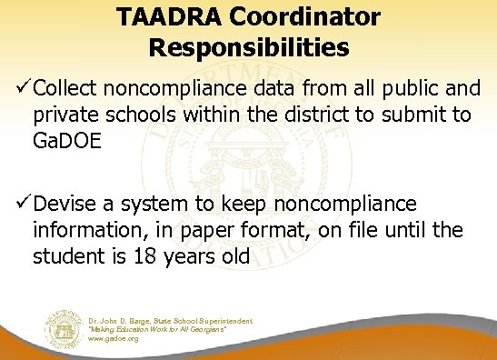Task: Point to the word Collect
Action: pos(64,91)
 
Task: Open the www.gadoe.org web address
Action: pos(114,339)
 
